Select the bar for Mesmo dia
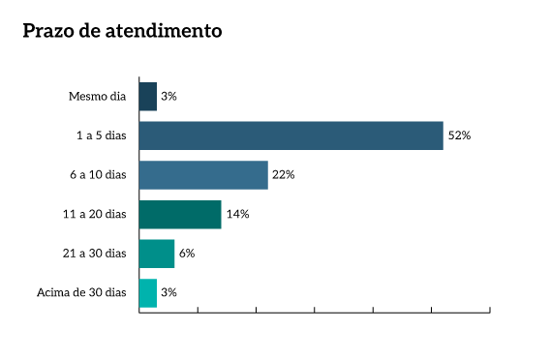148,97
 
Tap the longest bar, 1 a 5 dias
290,135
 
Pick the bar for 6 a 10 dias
203,175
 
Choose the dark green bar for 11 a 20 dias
180,214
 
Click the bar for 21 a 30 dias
157,254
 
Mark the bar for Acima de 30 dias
148,292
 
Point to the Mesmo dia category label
98,97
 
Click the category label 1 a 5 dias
102,135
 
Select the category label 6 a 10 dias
99,175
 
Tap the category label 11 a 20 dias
96,214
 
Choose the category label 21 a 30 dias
96,254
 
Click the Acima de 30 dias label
81,292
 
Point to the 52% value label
459,135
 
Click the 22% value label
283,175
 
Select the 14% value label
237,214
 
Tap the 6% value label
187,254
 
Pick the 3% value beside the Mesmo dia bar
168,97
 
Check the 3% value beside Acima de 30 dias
168,292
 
